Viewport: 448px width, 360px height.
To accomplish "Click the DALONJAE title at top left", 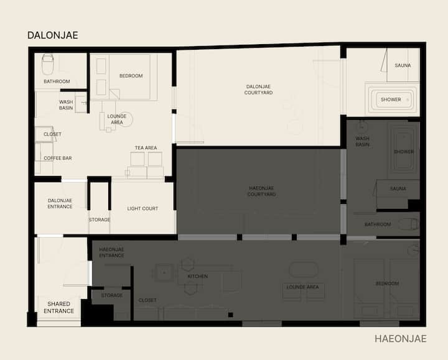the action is coord(52,35).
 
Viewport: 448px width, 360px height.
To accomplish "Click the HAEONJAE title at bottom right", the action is coord(401,339).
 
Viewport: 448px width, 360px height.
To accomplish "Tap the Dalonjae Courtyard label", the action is coord(258,90).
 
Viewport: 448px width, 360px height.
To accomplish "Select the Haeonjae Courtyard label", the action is coord(261,191).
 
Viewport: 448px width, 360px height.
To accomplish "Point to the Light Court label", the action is coord(142,208).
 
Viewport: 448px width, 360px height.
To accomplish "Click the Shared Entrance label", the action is coord(58,307).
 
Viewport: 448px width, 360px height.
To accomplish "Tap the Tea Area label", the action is coord(146,147).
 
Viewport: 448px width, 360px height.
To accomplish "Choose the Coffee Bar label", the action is coord(58,158).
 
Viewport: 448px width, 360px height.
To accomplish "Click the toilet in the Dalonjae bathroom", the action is coord(48,65).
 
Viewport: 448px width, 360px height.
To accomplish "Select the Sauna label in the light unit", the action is coord(403,65).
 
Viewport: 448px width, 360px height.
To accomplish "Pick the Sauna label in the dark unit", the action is coord(398,188).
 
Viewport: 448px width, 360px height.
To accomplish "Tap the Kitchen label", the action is coord(198,276).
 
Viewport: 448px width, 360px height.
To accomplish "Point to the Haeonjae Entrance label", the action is coord(111,252).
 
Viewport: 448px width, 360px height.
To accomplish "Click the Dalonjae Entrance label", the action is coord(60,203).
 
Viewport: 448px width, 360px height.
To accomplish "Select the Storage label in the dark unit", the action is coord(112,295).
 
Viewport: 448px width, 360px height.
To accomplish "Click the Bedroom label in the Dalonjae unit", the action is coord(131,76).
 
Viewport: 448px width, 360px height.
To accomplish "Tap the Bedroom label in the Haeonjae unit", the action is coord(387,283).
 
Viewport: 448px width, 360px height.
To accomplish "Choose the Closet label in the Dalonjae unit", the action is coord(52,134).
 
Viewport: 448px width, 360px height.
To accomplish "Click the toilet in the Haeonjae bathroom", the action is coord(408,224).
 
